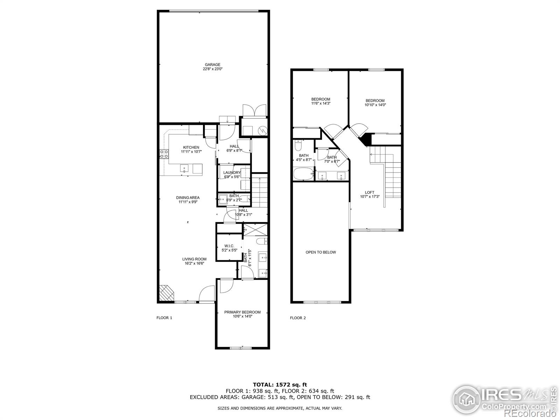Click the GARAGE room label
[212, 65]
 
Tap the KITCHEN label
[191, 147]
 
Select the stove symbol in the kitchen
[164, 154]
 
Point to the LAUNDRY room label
[232, 173]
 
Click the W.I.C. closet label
[229, 246]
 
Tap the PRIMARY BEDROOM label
[242, 312]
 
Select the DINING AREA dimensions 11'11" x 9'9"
[188, 202]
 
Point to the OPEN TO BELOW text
[321, 252]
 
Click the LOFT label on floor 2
[370, 192]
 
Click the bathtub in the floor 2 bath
[303, 174]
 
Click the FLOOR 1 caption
[164, 318]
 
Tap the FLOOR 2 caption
[298, 318]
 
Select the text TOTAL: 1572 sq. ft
[280, 385]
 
